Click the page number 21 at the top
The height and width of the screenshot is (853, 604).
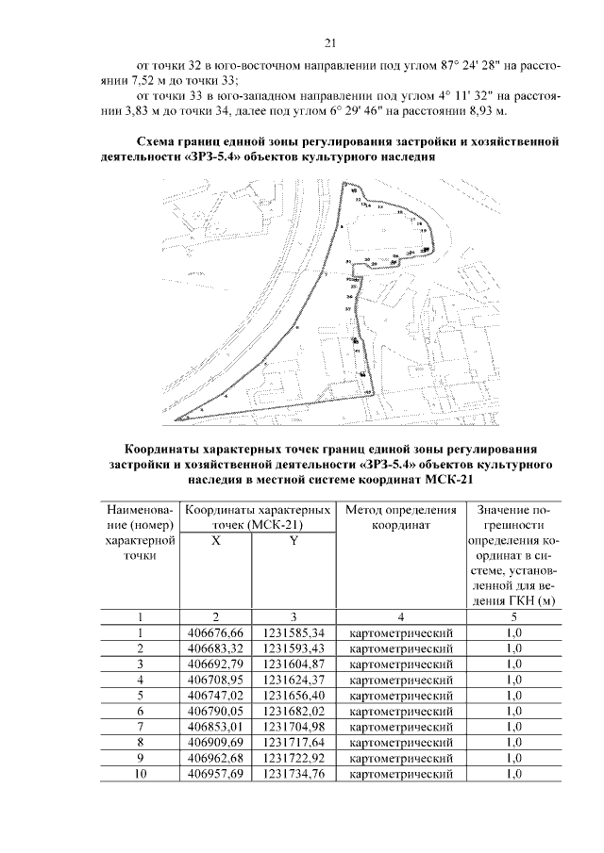(x=330, y=42)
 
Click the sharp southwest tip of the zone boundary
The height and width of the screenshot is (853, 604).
(x=176, y=418)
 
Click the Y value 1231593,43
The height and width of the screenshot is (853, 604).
(x=294, y=648)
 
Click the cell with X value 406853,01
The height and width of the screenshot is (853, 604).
(x=215, y=727)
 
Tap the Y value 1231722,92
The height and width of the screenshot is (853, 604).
(x=294, y=759)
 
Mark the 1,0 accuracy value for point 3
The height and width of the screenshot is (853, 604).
(x=513, y=664)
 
